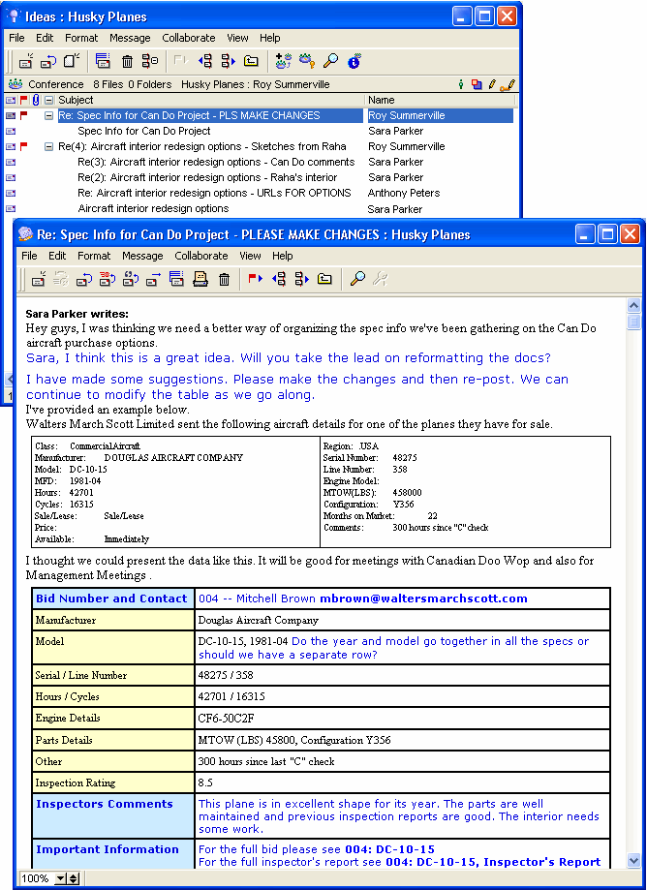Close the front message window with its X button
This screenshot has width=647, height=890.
(631, 233)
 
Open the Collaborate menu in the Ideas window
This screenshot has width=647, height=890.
(189, 38)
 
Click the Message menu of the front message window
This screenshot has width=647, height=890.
(142, 256)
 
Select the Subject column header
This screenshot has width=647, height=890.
(76, 100)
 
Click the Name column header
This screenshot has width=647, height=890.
(382, 100)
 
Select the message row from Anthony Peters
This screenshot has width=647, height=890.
(403, 193)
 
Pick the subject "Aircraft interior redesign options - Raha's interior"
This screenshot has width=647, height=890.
(207, 177)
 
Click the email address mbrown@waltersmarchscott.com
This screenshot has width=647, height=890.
(423, 598)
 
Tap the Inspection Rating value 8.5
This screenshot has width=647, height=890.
(205, 783)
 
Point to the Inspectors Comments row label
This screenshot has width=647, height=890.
(105, 804)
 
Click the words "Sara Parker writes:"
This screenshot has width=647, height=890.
(77, 314)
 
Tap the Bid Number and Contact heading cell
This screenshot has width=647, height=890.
(111, 598)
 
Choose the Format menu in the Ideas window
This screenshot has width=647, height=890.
(81, 38)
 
